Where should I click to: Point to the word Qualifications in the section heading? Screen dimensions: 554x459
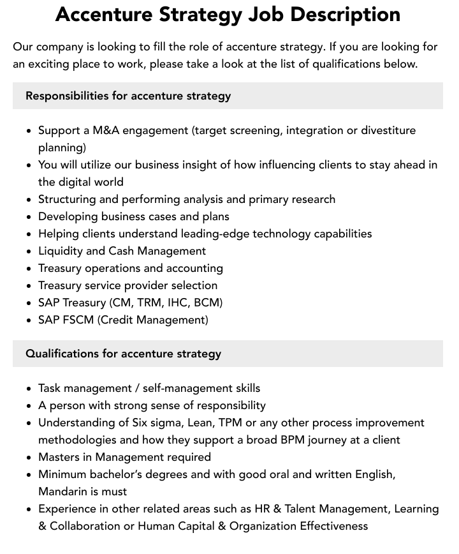click(62, 354)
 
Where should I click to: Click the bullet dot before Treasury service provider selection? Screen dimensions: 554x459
click(29, 286)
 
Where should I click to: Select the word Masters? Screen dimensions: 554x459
click(61, 457)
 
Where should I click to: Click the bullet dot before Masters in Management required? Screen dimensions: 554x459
click(29, 458)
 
